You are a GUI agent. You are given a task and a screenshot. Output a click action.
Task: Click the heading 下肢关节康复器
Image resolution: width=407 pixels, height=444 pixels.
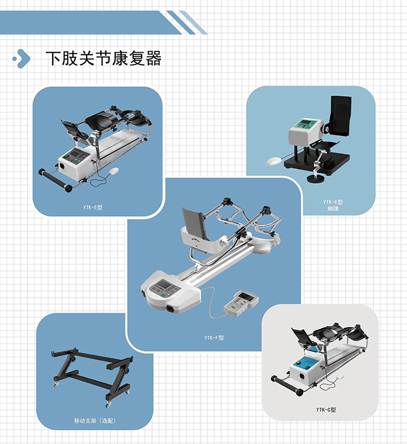pyautogui.click(x=103, y=58)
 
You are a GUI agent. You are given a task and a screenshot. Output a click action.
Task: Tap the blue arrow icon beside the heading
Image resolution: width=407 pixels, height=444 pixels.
pyautogui.click(x=22, y=59)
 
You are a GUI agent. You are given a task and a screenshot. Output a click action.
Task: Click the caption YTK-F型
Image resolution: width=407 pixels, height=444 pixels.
pyautogui.click(x=214, y=337)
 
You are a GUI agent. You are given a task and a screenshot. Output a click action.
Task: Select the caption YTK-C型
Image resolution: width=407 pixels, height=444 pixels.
pyautogui.click(x=326, y=410)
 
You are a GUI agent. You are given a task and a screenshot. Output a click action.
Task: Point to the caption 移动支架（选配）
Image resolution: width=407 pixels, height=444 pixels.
pyautogui.click(x=95, y=421)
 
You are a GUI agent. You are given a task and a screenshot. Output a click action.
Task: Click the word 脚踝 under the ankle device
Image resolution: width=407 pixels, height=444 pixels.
pyautogui.click(x=333, y=208)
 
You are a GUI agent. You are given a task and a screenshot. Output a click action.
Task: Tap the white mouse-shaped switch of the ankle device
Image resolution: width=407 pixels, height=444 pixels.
pyautogui.click(x=274, y=161)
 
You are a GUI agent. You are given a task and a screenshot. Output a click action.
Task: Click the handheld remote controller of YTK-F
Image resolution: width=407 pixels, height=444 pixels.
pyautogui.click(x=241, y=304)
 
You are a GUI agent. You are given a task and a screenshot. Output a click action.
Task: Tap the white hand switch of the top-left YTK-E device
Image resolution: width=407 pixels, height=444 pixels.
pyautogui.click(x=113, y=171)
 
